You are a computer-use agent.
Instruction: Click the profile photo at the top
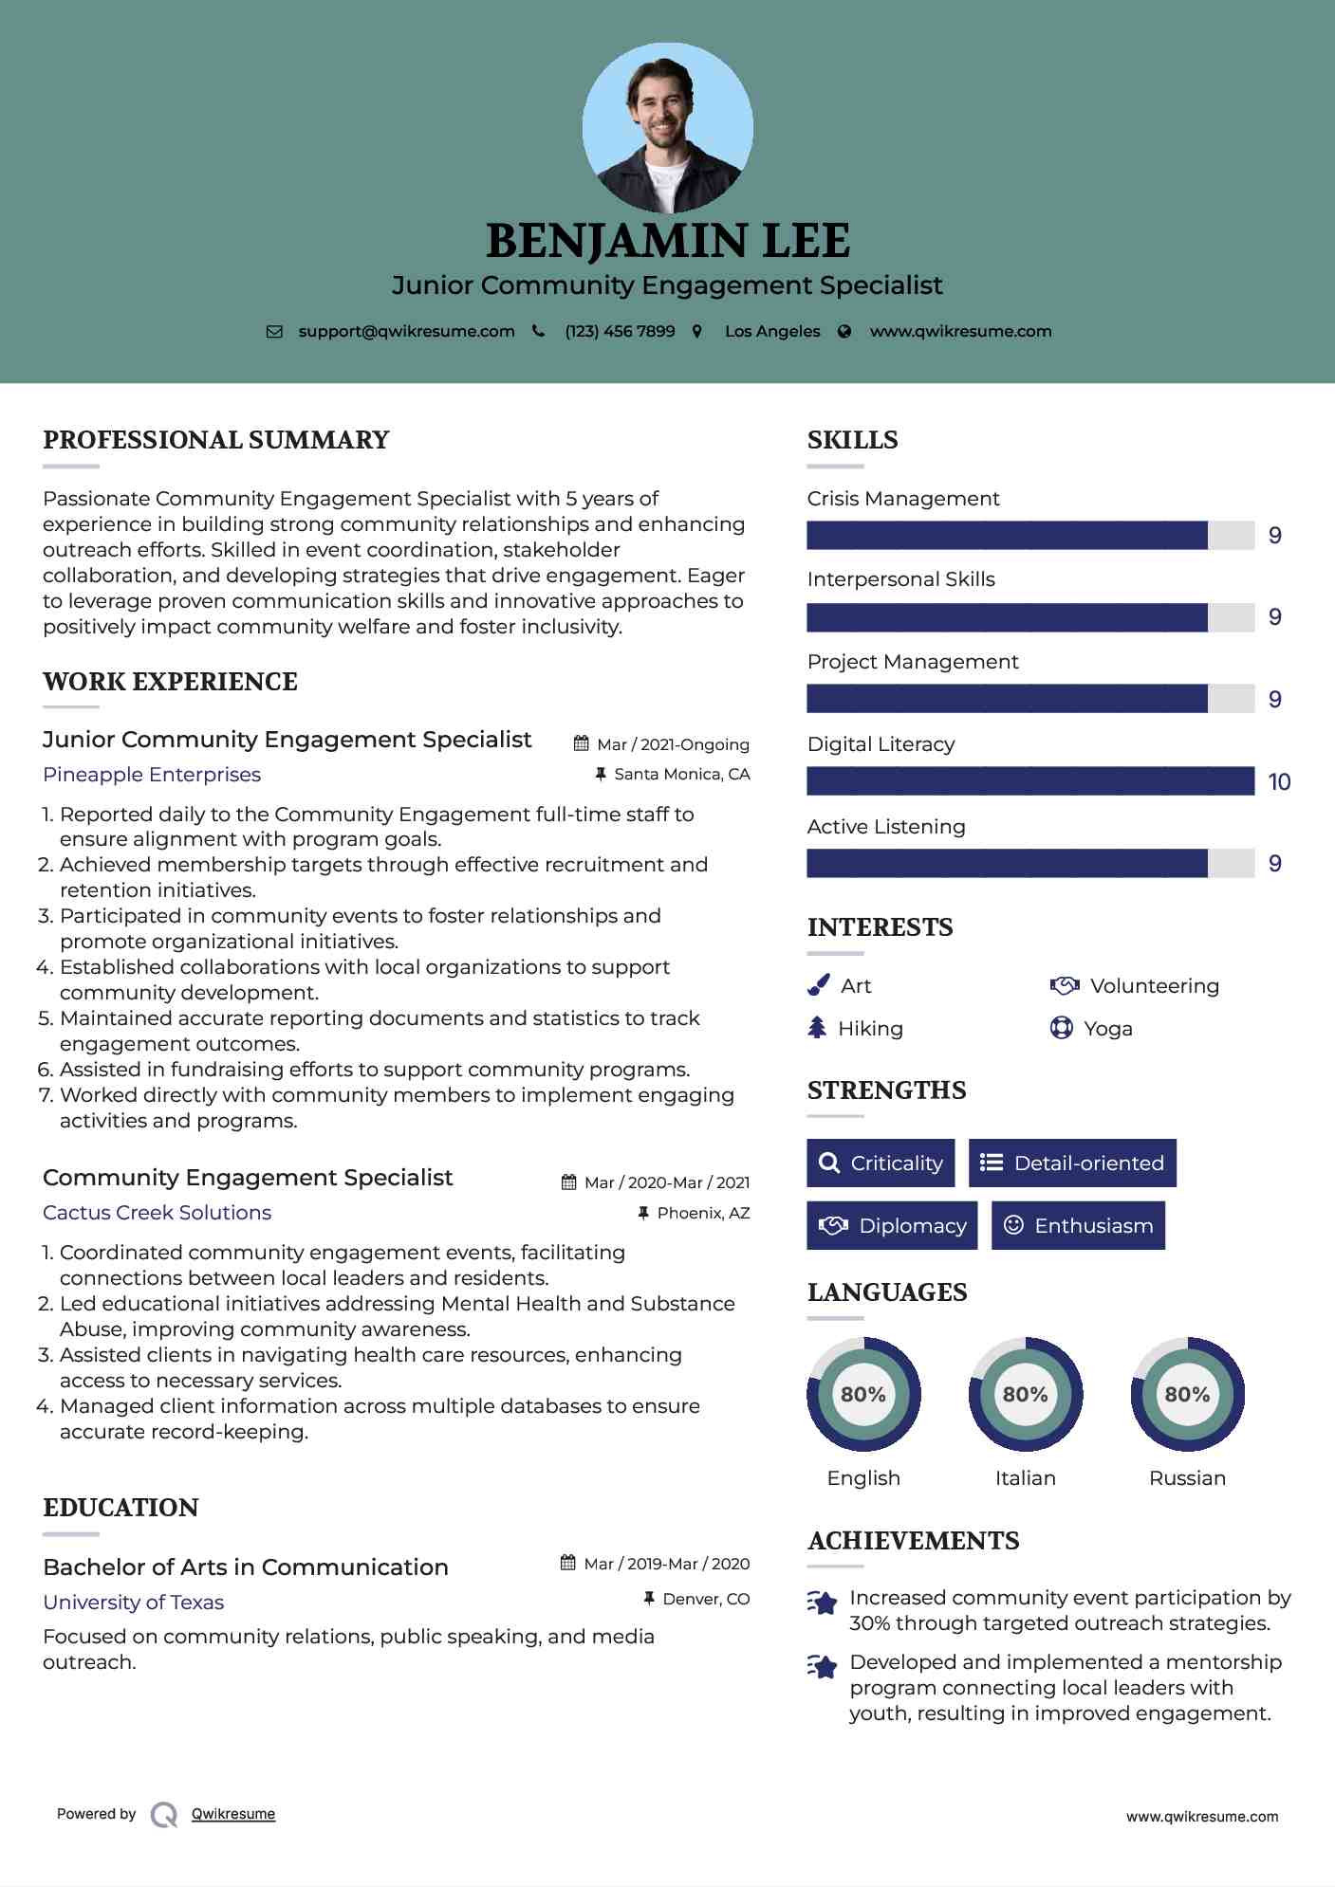pos(667,127)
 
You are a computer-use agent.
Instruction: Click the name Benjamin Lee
pos(667,241)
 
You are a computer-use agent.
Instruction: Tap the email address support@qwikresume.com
pos(406,332)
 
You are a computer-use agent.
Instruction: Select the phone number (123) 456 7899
pos(620,332)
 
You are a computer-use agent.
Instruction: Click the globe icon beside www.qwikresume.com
pos(844,332)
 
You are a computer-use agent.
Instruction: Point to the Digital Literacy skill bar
pos(1030,781)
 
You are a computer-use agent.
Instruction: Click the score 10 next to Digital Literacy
pos(1279,782)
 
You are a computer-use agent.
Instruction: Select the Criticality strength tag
pos(881,1163)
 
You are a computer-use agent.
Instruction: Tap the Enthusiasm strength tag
pos(1078,1225)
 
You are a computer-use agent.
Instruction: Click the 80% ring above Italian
pos(1025,1394)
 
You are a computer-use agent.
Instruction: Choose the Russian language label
pos(1187,1478)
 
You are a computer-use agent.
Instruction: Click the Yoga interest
pos(1107,1029)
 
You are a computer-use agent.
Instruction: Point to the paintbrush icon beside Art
pos(818,986)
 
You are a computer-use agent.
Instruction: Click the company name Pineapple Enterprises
pos(152,775)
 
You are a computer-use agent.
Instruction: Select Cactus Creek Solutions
pos(157,1213)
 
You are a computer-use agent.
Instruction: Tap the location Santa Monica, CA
pos(681,775)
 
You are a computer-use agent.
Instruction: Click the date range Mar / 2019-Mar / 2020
pos(666,1564)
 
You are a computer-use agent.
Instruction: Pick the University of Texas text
pos(133,1603)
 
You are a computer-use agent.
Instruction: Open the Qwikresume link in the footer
pos(233,1814)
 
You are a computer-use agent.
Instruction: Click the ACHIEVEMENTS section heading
pos(913,1541)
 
